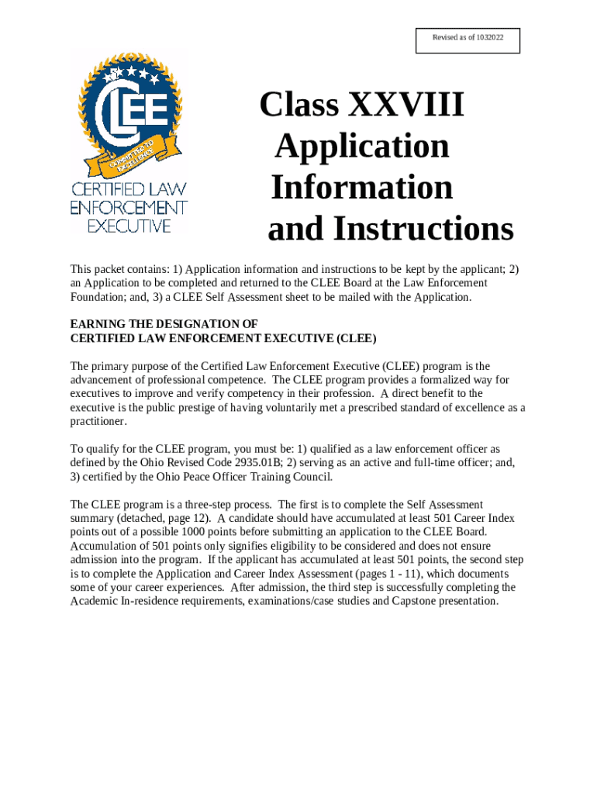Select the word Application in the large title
point(362,146)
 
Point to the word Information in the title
point(362,187)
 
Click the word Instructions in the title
point(423,229)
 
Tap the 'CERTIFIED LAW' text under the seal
point(129,189)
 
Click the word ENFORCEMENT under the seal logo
point(129,208)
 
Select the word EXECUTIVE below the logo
point(129,226)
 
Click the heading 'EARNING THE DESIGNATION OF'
point(164,323)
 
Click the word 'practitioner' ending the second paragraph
point(98,422)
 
